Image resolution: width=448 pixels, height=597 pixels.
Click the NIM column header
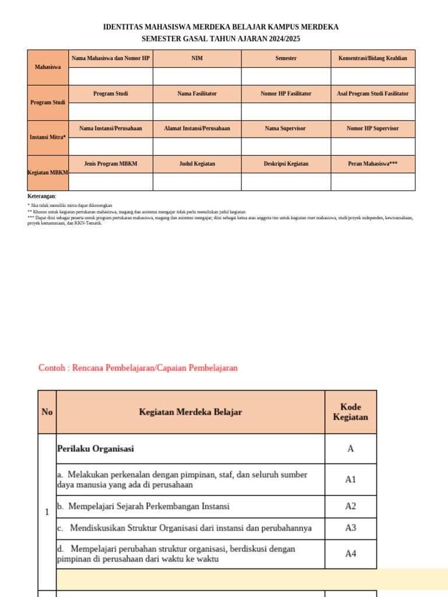(x=197, y=58)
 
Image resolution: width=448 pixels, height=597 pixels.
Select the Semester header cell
(x=286, y=58)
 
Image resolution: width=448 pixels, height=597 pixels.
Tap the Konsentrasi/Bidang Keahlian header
(x=373, y=58)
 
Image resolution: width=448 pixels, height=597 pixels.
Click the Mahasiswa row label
(x=48, y=67)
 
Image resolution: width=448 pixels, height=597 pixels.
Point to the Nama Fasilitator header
(x=197, y=94)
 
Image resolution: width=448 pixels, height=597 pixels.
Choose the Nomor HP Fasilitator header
(x=286, y=94)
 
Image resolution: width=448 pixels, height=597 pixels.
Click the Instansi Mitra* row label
(x=48, y=138)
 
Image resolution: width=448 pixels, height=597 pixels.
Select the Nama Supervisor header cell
(x=285, y=129)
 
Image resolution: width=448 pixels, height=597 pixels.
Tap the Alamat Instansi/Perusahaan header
(x=197, y=129)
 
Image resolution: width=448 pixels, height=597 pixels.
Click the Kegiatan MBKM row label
(x=48, y=173)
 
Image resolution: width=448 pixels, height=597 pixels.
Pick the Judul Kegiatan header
(x=197, y=164)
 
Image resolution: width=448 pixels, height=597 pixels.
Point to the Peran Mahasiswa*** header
(x=373, y=164)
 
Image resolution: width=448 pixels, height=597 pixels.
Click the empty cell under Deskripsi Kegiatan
(x=286, y=182)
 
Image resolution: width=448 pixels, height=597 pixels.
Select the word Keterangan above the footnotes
(x=41, y=196)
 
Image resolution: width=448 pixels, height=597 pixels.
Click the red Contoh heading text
(x=138, y=368)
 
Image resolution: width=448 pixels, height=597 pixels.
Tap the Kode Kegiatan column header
(x=351, y=412)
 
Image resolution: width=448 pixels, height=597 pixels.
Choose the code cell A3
(x=351, y=528)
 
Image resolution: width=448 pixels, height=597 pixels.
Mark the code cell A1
(x=351, y=480)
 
